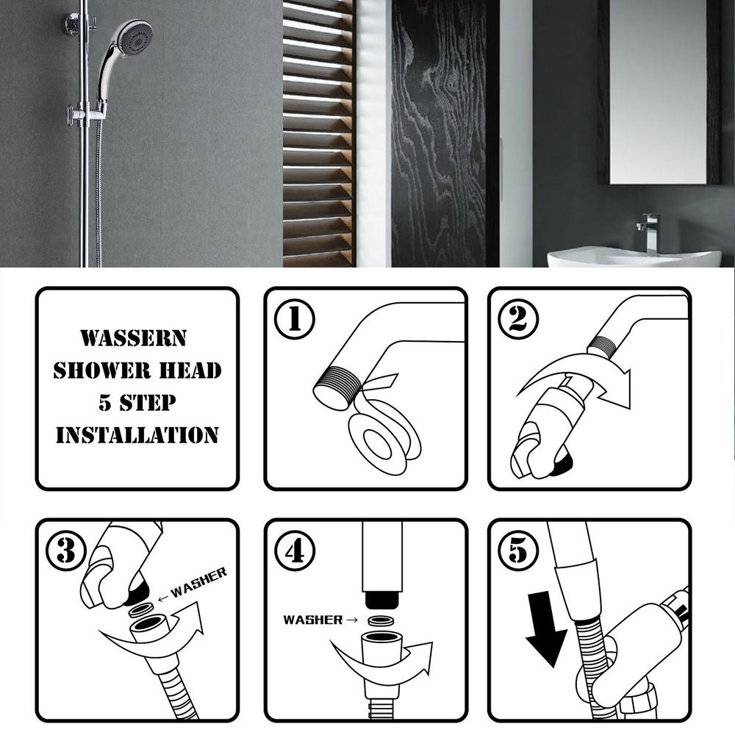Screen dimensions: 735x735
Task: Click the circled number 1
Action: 295,319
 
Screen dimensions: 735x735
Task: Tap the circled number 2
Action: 518,319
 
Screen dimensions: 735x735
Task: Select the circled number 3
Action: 66,551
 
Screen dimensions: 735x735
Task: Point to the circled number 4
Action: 295,551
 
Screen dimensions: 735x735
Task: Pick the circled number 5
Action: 518,551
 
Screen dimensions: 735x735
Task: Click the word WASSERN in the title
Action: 134,338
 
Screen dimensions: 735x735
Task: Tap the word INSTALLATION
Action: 137,435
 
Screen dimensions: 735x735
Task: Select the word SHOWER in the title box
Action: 102,370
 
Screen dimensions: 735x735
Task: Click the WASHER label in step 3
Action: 198,582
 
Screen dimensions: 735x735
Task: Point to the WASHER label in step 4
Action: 313,620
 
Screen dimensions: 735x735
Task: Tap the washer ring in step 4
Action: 381,621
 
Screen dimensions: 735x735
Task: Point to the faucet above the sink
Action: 649,233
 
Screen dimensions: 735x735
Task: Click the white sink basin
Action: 634,259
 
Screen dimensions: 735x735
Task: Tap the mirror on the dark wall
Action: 658,91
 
